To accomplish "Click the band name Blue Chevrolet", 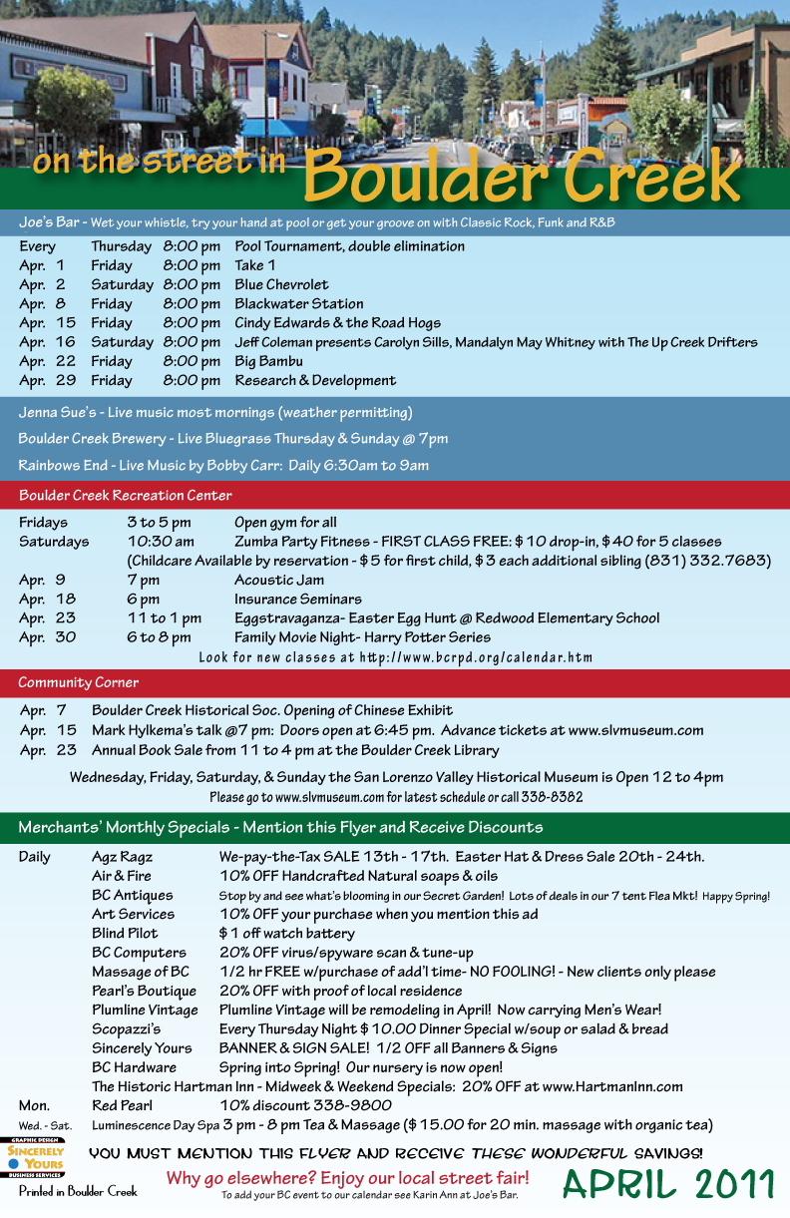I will (x=281, y=284).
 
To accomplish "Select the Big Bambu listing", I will (x=268, y=361).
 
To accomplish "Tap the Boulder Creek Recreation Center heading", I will (x=125, y=495).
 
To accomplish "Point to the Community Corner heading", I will (x=78, y=682).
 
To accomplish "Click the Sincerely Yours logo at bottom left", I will (x=35, y=1157).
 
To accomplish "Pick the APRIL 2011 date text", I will (x=667, y=1183).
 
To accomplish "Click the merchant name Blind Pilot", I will (x=125, y=934).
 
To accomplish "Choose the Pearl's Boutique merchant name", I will (x=144, y=991).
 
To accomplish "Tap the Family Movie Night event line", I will (x=362, y=636).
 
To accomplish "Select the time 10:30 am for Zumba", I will (x=160, y=542).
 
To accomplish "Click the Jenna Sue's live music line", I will (x=214, y=412).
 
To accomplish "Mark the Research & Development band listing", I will (x=315, y=380).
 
